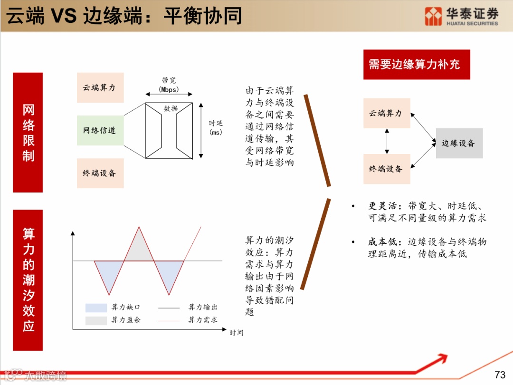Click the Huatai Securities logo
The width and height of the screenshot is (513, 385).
click(461, 16)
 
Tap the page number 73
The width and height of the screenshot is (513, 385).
click(500, 375)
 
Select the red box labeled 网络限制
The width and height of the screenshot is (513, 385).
click(28, 132)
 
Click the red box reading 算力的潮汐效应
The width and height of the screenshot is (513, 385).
click(28, 279)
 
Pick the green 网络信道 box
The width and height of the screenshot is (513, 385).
click(100, 130)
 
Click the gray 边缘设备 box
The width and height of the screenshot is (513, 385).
click(459, 143)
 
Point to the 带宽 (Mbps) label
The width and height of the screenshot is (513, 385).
click(169, 85)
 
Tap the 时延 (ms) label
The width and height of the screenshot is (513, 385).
click(216, 128)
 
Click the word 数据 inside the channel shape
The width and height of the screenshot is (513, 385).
click(171, 109)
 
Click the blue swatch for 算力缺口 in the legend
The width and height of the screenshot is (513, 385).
click(96, 308)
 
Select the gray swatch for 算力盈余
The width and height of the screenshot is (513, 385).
click(96, 320)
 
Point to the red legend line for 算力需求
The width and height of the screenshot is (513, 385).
click(169, 321)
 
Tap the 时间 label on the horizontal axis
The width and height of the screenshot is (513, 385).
click(236, 333)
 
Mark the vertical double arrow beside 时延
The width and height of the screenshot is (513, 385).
click(201, 130)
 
